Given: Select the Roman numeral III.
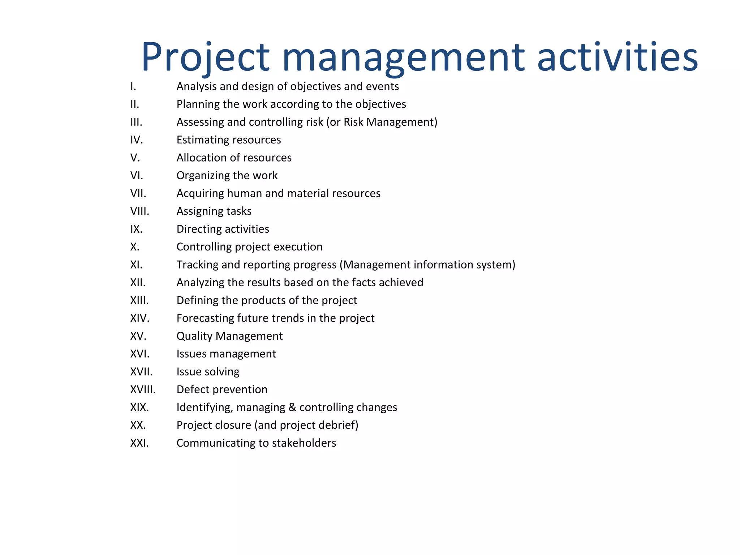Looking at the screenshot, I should click(136, 122).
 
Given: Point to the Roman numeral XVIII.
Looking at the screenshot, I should click(143, 390).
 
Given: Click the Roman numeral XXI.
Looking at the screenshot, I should click(139, 443).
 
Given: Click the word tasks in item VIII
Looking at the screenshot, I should click(239, 211).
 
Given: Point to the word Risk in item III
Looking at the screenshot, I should click(353, 122).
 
